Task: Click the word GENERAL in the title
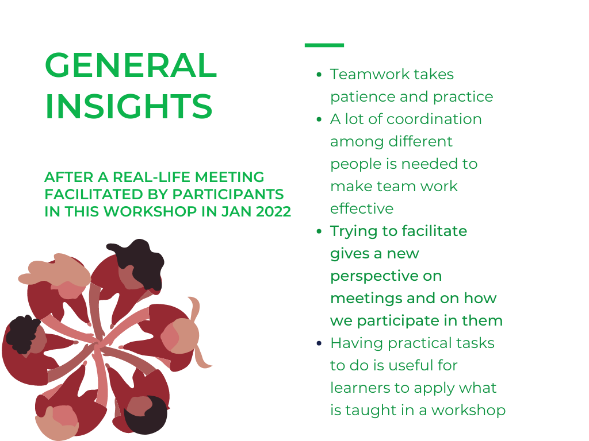[131, 65]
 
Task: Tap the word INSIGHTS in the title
[128, 106]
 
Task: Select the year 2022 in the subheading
[273, 211]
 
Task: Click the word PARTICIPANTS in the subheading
[228, 194]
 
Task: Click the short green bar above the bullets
[324, 45]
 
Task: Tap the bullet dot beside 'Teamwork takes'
[319, 75]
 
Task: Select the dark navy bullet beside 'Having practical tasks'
[319, 343]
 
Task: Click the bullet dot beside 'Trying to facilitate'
[319, 231]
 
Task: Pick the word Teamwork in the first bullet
[370, 74]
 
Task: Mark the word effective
[362, 208]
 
